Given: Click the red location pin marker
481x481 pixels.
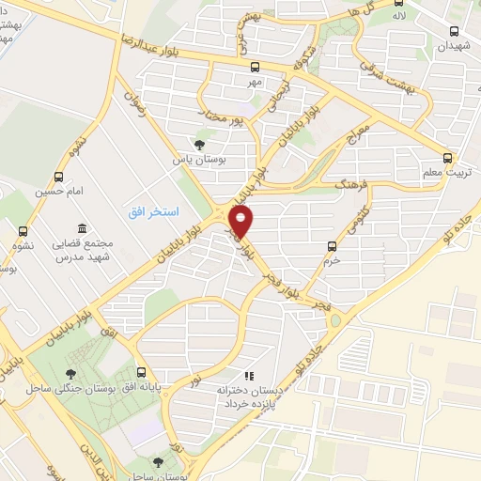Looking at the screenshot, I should [242, 223].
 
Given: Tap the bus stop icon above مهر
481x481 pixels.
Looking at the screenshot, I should [255, 67].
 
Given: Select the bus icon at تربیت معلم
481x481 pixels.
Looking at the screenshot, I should [446, 159].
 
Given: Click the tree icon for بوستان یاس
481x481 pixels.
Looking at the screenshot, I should [198, 145].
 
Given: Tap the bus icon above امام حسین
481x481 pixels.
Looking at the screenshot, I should [60, 176].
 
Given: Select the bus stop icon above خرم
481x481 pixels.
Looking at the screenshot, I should [330, 246].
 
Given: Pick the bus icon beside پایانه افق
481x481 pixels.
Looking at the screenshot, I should [141, 372].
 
